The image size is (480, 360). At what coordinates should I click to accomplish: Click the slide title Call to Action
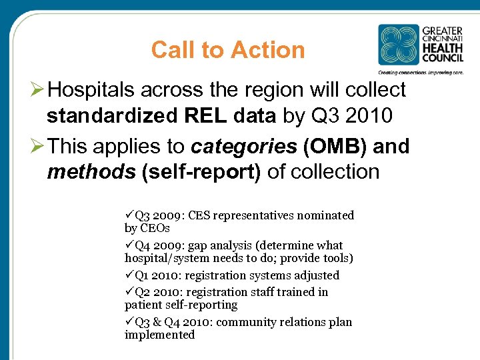[x=227, y=50]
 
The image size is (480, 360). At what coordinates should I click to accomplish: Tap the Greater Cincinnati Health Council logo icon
[x=399, y=45]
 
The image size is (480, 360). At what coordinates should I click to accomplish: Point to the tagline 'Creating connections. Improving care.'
[x=421, y=71]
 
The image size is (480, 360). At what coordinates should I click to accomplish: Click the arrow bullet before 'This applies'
[x=38, y=146]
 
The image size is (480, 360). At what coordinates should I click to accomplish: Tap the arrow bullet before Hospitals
[x=38, y=89]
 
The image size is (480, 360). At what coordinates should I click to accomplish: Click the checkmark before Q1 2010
[x=129, y=275]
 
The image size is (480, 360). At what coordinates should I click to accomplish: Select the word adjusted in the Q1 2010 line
[x=315, y=275]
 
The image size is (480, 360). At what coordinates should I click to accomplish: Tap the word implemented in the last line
[x=159, y=335]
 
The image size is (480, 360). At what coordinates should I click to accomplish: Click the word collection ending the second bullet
[x=323, y=171]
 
